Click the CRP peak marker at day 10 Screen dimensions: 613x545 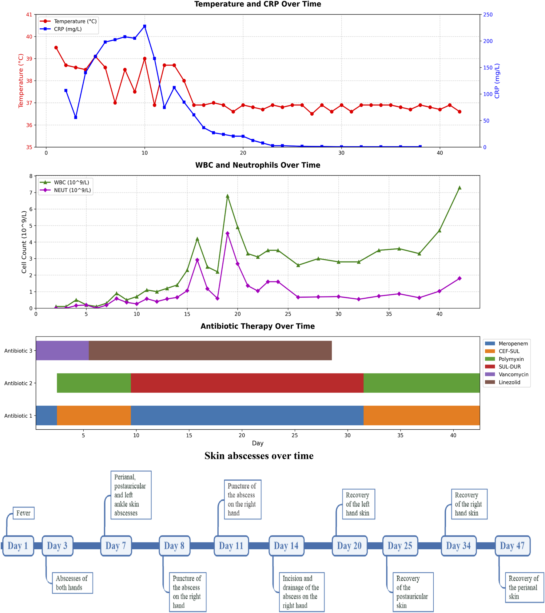(145, 26)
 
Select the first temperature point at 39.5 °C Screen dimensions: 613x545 (56, 48)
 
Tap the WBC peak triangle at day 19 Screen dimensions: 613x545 (228, 196)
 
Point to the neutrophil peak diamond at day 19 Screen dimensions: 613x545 (228, 233)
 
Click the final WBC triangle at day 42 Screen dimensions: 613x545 (459, 188)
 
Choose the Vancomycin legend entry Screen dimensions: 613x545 (513, 374)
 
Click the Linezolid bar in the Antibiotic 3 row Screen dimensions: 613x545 (210, 350)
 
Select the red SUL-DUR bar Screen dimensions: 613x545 (247, 383)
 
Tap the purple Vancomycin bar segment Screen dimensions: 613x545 (62, 350)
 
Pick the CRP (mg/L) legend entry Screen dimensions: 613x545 (68, 29)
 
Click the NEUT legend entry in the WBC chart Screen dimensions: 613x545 (72, 190)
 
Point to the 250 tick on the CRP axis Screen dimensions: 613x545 (488, 14)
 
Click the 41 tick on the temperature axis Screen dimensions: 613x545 (29, 14)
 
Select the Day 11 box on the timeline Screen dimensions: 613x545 (231, 546)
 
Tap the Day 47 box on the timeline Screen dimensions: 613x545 (512, 546)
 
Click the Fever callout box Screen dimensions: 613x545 (23, 513)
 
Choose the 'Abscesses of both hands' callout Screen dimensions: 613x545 (72, 583)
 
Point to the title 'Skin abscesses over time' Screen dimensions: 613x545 (259, 456)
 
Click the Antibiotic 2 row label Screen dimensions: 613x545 (18, 383)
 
